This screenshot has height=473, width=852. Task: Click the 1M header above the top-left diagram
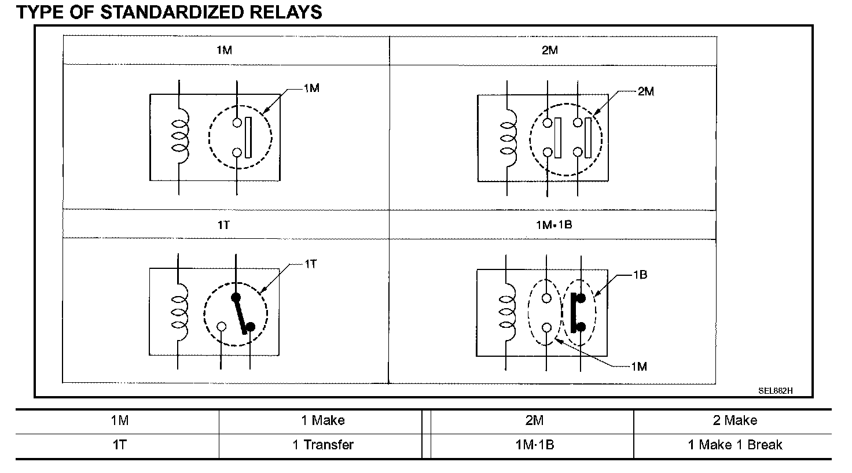224,50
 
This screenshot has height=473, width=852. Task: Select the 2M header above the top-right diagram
550,50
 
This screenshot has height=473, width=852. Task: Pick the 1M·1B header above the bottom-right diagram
553,224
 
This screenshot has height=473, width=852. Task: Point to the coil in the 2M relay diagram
508,139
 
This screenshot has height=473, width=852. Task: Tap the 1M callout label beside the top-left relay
311,88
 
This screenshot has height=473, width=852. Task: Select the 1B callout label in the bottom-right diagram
640,275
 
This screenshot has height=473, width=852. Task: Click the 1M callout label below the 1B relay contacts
638,366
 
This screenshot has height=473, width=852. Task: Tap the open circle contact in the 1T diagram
221,326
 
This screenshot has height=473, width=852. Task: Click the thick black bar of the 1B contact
573,313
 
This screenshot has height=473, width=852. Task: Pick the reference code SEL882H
776,390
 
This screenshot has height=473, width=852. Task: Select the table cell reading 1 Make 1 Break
735,445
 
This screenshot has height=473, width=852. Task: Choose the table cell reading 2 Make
735,420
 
